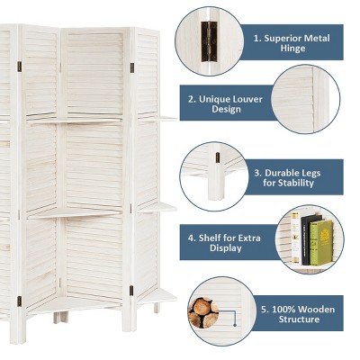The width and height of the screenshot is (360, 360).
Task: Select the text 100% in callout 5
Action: click(283, 309)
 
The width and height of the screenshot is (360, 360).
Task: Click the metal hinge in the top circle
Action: click(209, 40)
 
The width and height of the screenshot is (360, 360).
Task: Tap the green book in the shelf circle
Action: click(321, 242)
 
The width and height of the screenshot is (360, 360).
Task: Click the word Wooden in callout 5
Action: click(316, 309)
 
